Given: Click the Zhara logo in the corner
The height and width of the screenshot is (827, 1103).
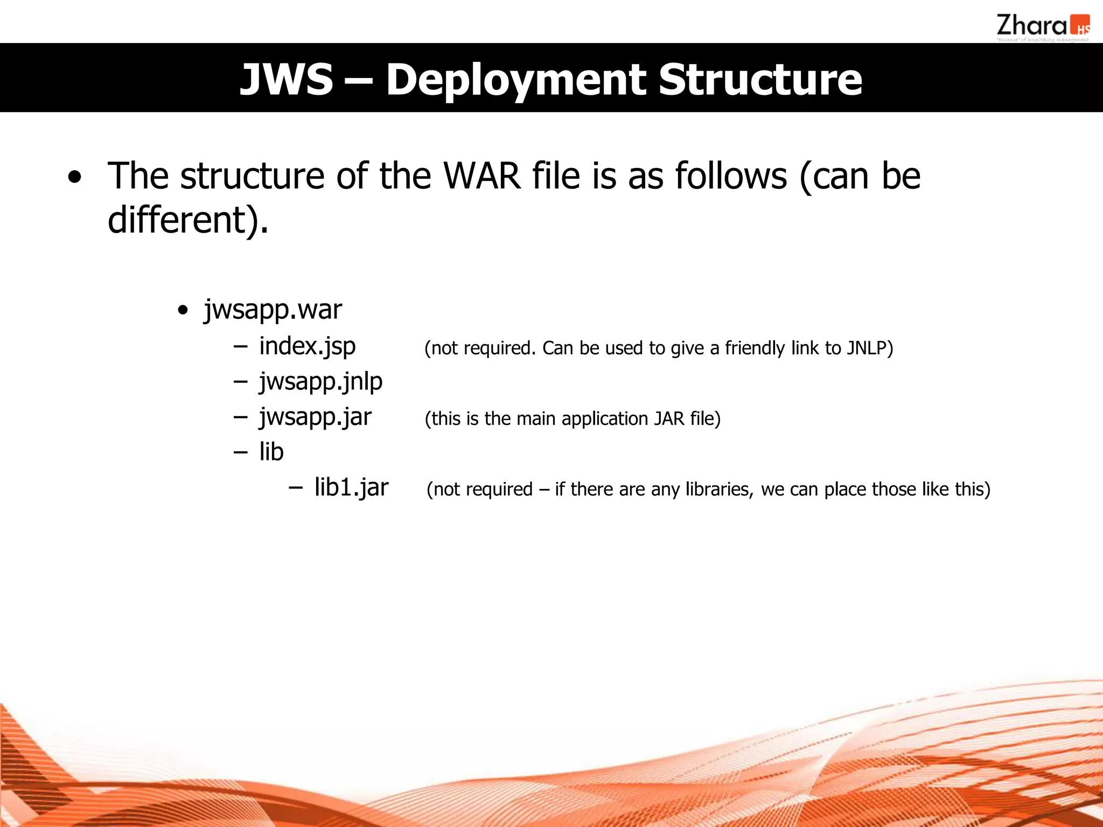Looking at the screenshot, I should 1042,27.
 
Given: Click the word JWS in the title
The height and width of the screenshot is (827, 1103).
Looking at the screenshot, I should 287,80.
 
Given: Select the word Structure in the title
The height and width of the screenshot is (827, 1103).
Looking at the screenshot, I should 760,80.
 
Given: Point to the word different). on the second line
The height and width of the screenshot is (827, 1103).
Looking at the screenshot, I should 187,221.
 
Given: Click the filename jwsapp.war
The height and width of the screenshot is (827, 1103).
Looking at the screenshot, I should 273,310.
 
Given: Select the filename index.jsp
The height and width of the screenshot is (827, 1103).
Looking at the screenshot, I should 307,346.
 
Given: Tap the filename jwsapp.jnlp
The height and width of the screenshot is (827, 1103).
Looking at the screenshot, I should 320,382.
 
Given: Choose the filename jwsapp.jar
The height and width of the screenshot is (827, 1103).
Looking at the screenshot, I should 315,417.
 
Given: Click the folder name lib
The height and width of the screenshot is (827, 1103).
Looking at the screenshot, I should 271,452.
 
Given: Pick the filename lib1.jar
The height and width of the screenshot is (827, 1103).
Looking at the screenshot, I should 351,487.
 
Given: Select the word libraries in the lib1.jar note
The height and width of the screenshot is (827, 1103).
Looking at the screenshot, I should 719,489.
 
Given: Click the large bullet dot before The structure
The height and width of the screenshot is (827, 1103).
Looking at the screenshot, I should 75,178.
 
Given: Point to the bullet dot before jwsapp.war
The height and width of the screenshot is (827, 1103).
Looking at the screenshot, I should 183,311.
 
